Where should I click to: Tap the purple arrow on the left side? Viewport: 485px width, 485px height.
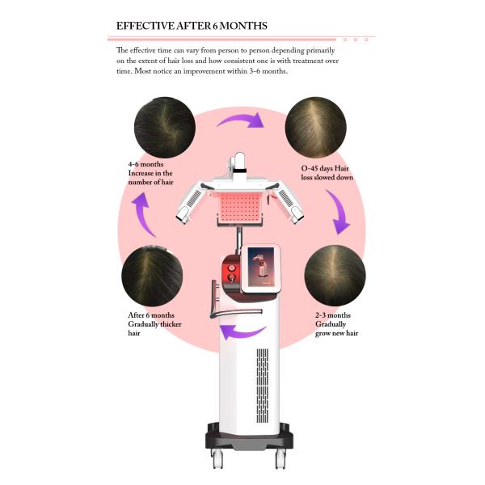click(143, 217)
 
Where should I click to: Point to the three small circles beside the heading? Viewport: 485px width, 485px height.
click(355, 39)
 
